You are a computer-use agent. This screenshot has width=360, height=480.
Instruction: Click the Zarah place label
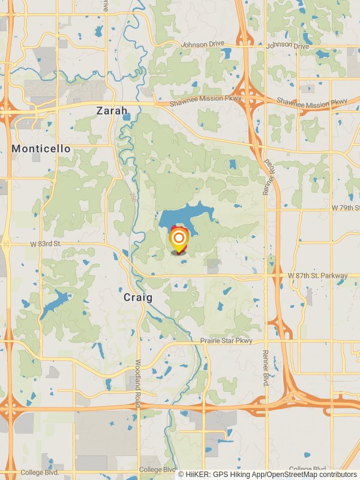click(x=112, y=111)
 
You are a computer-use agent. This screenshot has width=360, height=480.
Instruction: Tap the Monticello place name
click(x=41, y=148)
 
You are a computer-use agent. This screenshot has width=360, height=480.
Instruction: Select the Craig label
click(x=138, y=297)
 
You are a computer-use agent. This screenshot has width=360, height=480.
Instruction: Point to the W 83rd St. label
click(x=46, y=244)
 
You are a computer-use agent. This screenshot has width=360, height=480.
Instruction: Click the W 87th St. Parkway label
click(x=317, y=275)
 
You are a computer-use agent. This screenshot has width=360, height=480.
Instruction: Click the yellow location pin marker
click(x=178, y=239)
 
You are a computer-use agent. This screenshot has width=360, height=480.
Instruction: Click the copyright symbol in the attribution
click(x=181, y=474)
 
